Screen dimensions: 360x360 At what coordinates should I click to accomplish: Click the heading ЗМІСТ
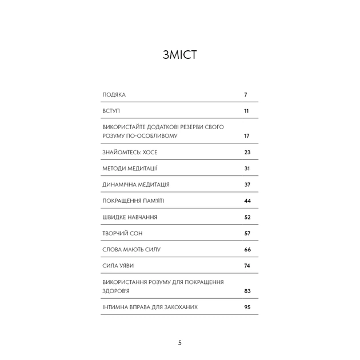(180, 55)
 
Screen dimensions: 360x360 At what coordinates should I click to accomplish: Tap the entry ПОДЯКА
(114, 94)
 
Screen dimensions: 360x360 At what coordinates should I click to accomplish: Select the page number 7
(245, 94)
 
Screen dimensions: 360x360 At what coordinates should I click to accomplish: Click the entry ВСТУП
(111, 110)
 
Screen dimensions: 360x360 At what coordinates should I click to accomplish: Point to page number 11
(246, 110)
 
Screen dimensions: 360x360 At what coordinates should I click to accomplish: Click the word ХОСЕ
(150, 153)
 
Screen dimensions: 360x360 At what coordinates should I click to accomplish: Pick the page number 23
(247, 153)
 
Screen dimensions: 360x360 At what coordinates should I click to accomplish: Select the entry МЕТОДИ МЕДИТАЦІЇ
(130, 169)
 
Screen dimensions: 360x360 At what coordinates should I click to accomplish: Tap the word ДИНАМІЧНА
(121, 185)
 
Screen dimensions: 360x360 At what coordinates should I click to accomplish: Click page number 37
(247, 185)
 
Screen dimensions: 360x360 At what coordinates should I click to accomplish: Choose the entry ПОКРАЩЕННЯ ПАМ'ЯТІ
(133, 201)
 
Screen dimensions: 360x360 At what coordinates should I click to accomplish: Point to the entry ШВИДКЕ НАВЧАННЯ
(130, 218)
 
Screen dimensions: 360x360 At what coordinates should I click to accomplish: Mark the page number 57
(247, 234)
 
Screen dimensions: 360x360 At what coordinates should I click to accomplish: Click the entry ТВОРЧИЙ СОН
(122, 234)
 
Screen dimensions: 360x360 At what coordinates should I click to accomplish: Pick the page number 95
(247, 307)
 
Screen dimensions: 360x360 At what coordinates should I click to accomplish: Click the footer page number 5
(180, 343)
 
